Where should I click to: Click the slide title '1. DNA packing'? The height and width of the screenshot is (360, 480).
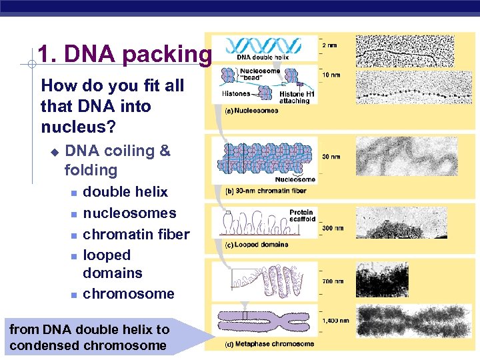(x=124, y=55)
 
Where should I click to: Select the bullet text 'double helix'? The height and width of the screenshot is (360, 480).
(x=125, y=192)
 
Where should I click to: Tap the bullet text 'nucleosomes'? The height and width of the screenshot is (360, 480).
(x=129, y=213)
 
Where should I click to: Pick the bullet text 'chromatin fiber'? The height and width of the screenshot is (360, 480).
(x=136, y=234)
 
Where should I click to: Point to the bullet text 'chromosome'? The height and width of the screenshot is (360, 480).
(x=128, y=294)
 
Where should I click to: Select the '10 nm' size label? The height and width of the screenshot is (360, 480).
(x=332, y=75)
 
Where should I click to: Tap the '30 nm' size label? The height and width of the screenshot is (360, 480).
(x=331, y=157)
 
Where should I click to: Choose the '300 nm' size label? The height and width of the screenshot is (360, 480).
(x=333, y=228)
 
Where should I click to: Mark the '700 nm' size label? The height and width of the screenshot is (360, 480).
(x=333, y=282)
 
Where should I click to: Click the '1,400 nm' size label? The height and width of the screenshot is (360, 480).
(x=335, y=321)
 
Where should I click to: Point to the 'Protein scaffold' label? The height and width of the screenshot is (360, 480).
(x=301, y=216)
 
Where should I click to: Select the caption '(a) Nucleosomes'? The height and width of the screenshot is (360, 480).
(x=251, y=111)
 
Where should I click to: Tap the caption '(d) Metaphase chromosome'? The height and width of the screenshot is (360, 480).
(x=269, y=344)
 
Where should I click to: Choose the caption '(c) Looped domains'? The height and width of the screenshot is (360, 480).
(x=257, y=245)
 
